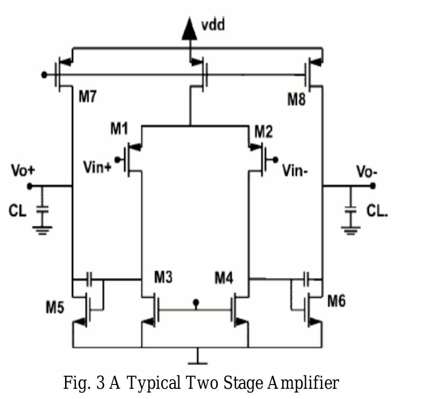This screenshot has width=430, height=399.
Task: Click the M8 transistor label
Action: [x=297, y=98]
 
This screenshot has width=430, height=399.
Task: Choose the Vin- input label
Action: [x=296, y=170]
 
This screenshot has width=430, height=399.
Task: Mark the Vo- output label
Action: [x=368, y=172]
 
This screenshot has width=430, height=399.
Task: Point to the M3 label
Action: [x=165, y=277]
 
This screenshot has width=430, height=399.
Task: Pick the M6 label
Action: [x=336, y=301]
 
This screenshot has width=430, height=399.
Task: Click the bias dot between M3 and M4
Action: [x=196, y=303]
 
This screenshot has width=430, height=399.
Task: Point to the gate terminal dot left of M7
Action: [x=44, y=74]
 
